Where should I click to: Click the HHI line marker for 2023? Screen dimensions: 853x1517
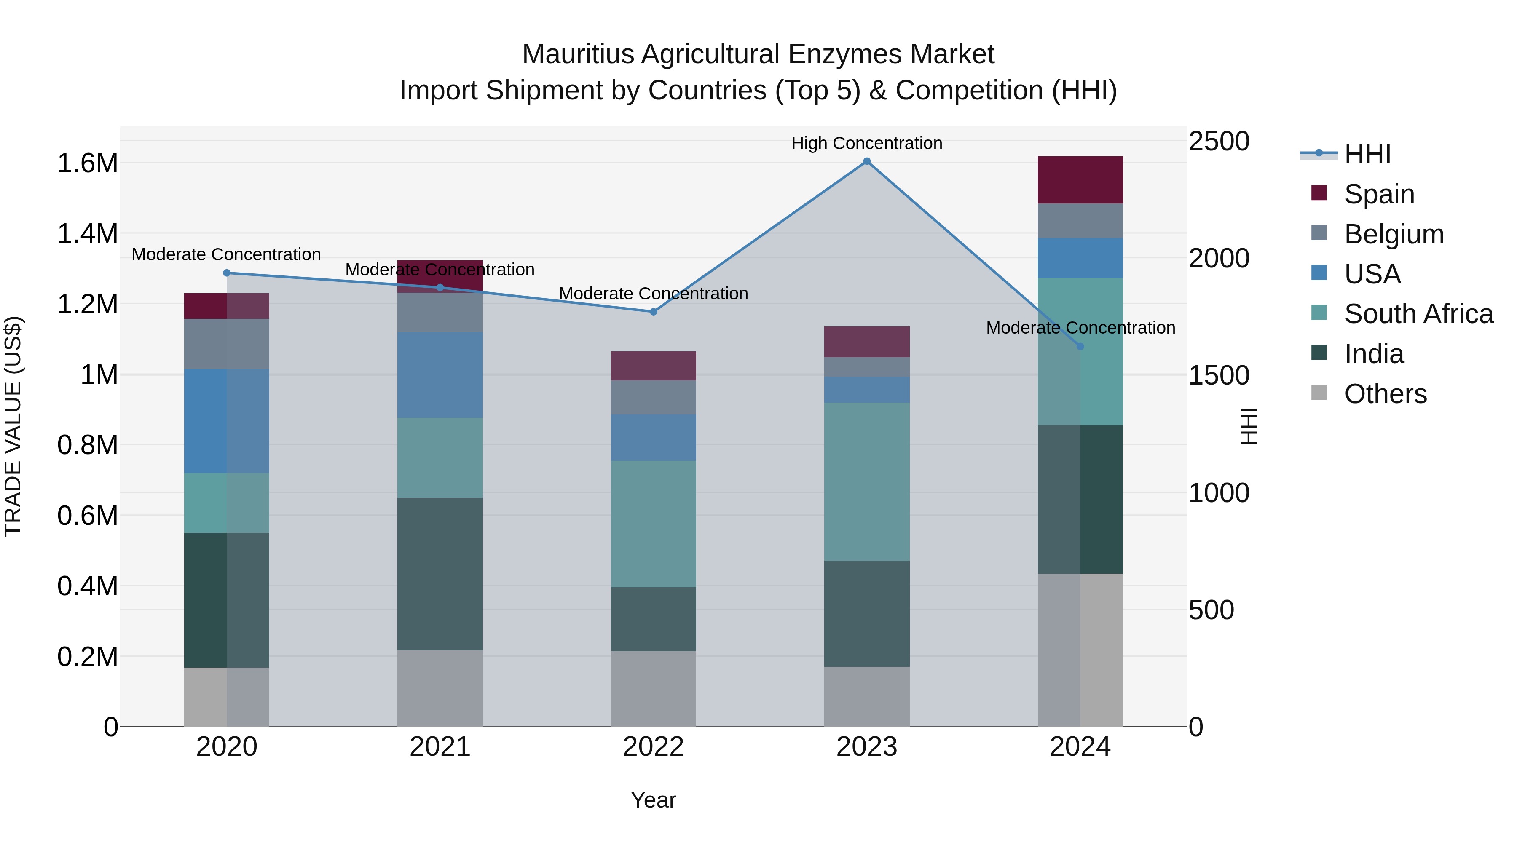coord(866,161)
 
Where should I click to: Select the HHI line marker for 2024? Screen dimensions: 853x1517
coord(1080,347)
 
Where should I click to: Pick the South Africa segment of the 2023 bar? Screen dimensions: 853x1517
coord(866,481)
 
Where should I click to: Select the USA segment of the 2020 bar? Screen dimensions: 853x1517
coord(227,421)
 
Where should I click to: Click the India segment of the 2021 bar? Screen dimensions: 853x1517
coord(440,574)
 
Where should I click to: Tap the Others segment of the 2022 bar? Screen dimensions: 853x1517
coord(653,689)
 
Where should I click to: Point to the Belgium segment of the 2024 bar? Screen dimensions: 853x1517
coord(1080,221)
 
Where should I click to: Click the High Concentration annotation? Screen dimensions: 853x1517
coord(866,143)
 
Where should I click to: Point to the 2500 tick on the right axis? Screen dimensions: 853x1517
coord(1218,141)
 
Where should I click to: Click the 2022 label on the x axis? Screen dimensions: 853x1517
coord(653,747)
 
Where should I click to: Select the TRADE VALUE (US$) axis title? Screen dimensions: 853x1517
coord(13,426)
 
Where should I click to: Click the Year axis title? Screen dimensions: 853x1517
coord(653,800)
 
